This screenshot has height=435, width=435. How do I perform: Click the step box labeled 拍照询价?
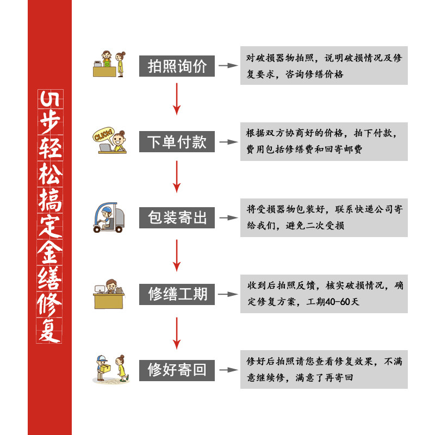tap(177, 66)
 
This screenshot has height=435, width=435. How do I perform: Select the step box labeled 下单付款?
tap(177, 142)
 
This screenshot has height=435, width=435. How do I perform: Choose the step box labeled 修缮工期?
tap(177, 294)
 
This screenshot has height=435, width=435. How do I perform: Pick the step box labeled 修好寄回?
tap(177, 370)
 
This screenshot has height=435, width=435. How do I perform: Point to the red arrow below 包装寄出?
tap(177, 254)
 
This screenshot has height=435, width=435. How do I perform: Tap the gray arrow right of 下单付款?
tap(228, 142)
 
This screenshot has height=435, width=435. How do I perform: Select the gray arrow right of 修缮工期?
tap(228, 294)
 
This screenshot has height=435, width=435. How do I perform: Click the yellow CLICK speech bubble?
tap(103, 135)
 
